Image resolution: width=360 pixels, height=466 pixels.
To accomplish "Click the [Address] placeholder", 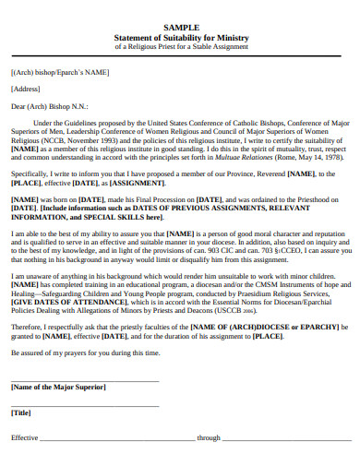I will coord(25,89).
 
